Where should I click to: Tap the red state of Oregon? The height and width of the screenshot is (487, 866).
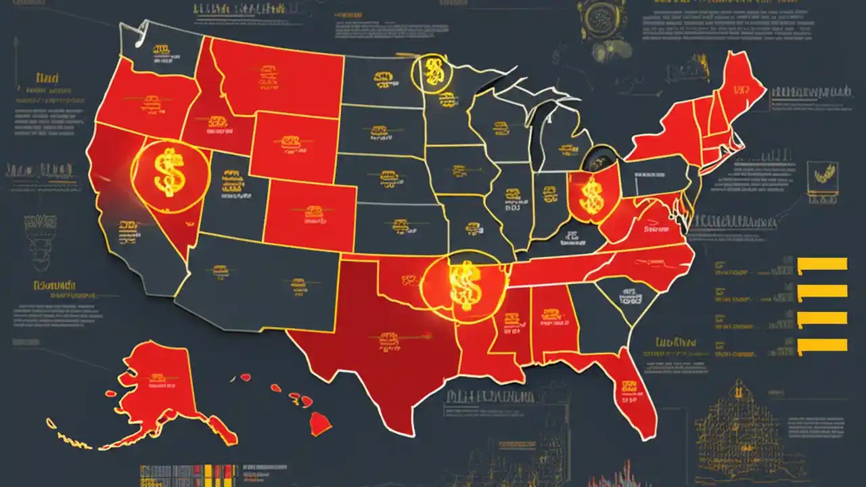point(142,105)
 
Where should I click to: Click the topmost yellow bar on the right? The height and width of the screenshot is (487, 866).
point(822,264)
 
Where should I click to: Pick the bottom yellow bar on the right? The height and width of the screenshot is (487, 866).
point(822,346)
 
